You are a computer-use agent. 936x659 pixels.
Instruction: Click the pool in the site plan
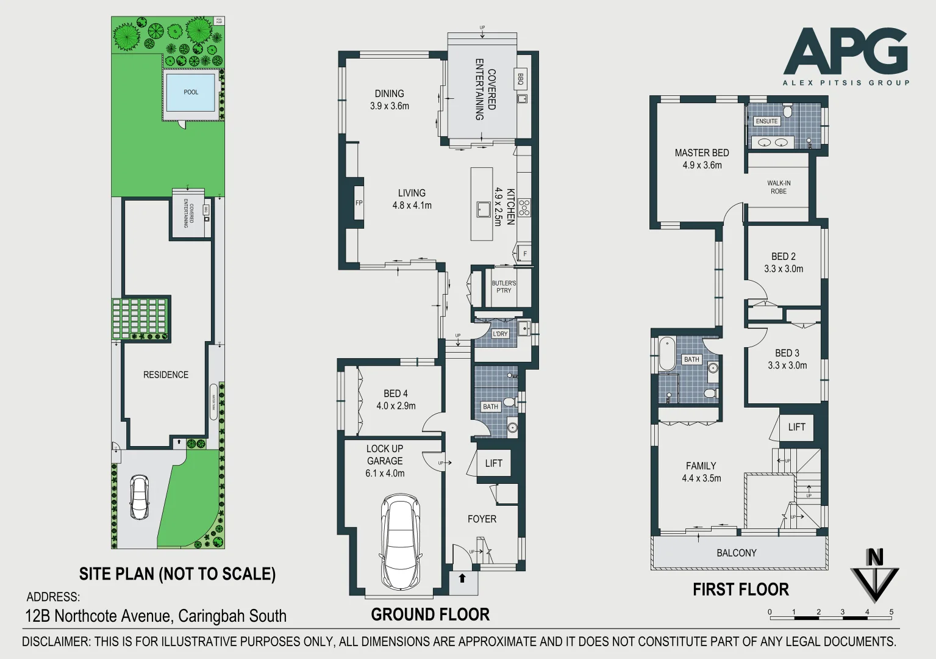tap(191, 92)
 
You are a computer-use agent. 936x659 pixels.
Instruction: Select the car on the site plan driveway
tap(139, 497)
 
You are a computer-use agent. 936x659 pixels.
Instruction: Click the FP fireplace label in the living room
tap(359, 203)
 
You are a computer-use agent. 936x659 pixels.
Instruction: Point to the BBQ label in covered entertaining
tap(521, 79)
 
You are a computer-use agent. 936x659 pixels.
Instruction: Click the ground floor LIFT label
tap(493, 464)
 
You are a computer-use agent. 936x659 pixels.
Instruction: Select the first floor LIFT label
tap(796, 427)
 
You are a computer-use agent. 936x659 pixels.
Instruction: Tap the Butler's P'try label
tap(504, 287)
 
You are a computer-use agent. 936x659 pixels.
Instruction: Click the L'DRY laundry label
tap(500, 334)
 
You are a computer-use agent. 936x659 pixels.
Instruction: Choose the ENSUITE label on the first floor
tap(766, 121)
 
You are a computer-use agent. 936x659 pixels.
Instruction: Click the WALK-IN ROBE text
tap(779, 187)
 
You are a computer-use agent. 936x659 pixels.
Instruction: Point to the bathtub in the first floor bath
tap(666, 354)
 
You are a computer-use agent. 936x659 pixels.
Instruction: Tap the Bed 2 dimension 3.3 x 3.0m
tap(784, 269)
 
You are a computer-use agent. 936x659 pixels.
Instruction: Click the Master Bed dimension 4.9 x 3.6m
tap(702, 165)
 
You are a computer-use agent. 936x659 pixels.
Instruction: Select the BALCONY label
tap(736, 553)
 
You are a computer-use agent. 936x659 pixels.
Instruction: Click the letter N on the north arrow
tap(874, 558)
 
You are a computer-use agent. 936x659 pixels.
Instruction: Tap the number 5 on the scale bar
tap(891, 612)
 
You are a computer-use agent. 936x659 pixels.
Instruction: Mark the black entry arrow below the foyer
tap(462, 578)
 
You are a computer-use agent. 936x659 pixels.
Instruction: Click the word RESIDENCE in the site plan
tap(166, 375)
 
